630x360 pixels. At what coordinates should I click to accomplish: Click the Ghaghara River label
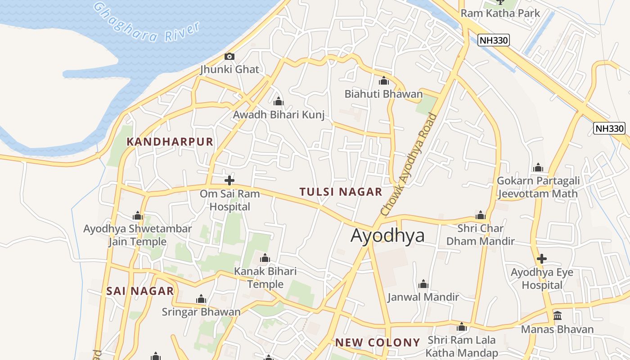(146, 22)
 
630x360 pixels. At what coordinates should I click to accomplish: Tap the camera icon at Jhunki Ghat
(229, 56)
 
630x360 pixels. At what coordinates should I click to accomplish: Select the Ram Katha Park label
(500, 13)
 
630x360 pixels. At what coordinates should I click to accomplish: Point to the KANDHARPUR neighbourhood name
(170, 142)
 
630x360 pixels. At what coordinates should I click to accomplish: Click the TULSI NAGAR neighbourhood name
(341, 192)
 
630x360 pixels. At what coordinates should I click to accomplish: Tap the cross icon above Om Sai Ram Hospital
(229, 181)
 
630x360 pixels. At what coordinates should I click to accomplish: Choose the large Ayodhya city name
(387, 235)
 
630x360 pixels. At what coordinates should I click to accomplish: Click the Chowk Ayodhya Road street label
(409, 165)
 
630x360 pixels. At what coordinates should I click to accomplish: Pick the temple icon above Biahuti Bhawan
(384, 81)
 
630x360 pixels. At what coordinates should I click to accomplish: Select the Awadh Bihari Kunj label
(279, 115)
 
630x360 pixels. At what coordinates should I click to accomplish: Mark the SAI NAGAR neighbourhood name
(140, 291)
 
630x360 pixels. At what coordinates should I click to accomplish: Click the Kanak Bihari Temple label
(265, 278)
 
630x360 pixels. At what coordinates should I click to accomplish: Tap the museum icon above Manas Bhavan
(558, 315)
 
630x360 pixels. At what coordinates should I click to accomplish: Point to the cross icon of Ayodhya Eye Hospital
(542, 259)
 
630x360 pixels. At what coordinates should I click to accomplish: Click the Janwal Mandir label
(423, 297)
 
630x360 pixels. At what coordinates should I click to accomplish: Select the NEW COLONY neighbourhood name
(377, 342)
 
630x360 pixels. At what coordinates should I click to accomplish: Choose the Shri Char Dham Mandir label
(480, 234)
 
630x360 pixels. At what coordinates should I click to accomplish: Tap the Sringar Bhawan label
(201, 312)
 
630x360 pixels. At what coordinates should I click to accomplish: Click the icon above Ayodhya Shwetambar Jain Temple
(138, 216)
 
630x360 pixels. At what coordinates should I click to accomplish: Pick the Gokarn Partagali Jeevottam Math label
(538, 187)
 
